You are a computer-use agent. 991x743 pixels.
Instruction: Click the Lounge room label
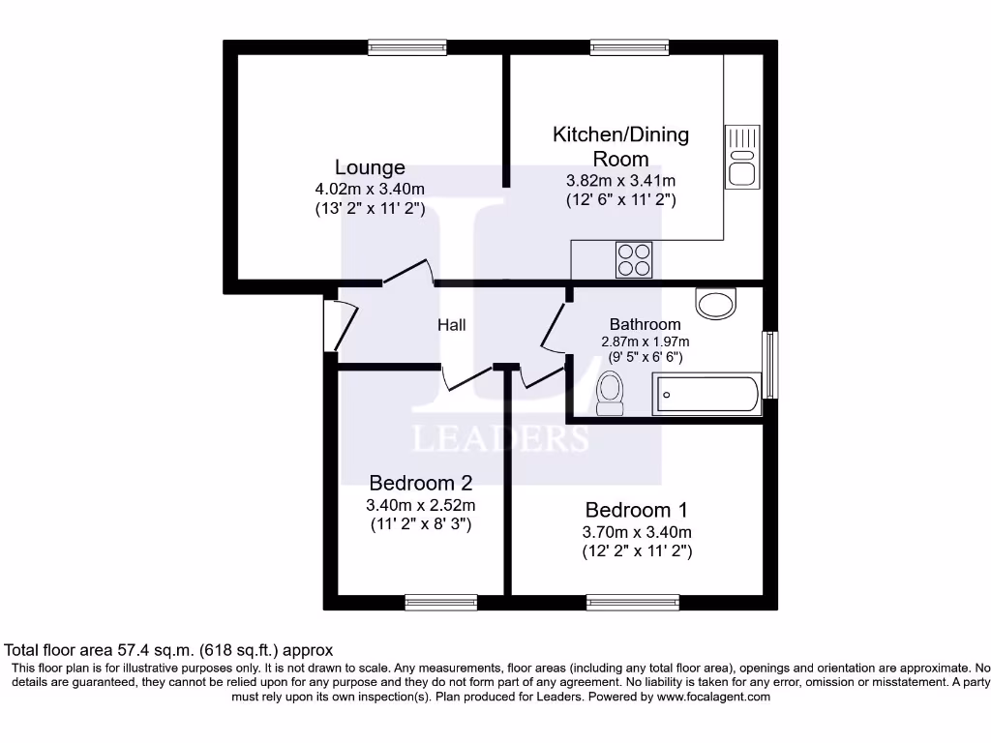click(370, 167)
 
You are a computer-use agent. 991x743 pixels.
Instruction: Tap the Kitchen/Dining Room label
click(620, 145)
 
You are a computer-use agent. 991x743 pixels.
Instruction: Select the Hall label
click(451, 325)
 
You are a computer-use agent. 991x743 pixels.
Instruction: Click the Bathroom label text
click(645, 324)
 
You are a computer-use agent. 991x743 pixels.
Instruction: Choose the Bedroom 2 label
click(420, 483)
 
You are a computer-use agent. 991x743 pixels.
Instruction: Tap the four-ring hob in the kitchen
click(634, 258)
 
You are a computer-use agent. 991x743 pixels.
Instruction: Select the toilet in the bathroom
click(610, 394)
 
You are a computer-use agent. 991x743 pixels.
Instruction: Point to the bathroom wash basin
click(717, 305)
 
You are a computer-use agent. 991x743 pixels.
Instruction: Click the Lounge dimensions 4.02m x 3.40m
click(370, 190)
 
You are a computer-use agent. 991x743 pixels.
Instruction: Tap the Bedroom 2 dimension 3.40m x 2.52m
click(420, 505)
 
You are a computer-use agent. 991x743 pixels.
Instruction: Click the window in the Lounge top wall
click(407, 46)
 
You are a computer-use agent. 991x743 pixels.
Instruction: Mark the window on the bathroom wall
click(770, 365)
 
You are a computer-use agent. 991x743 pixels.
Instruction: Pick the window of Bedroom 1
click(633, 602)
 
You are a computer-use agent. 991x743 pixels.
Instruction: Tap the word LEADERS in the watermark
click(500, 439)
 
